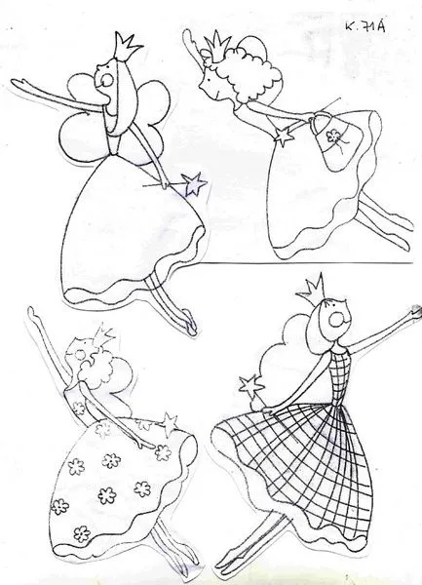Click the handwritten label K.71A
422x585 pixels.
366,27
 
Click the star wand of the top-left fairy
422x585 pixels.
194,183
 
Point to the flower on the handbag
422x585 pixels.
331,136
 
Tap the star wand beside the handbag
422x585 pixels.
285,136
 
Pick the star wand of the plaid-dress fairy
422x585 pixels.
249,386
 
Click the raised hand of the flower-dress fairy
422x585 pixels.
33,313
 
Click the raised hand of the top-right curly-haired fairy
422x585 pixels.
188,37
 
